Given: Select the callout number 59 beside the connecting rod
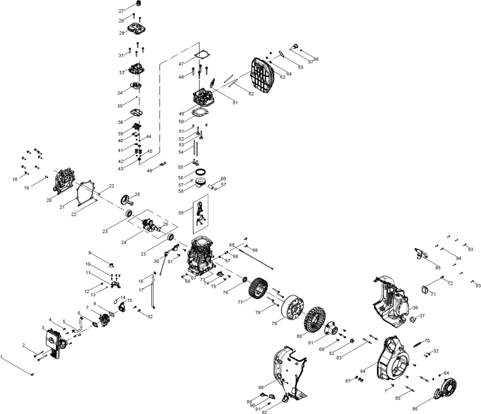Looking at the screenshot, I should tap(181, 213).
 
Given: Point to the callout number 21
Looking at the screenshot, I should tap(62, 207).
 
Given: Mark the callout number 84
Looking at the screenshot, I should tap(363, 371).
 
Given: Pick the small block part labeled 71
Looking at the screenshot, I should tap(426, 289).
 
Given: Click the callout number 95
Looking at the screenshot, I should tap(438, 268).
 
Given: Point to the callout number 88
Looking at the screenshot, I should tap(261, 387).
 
